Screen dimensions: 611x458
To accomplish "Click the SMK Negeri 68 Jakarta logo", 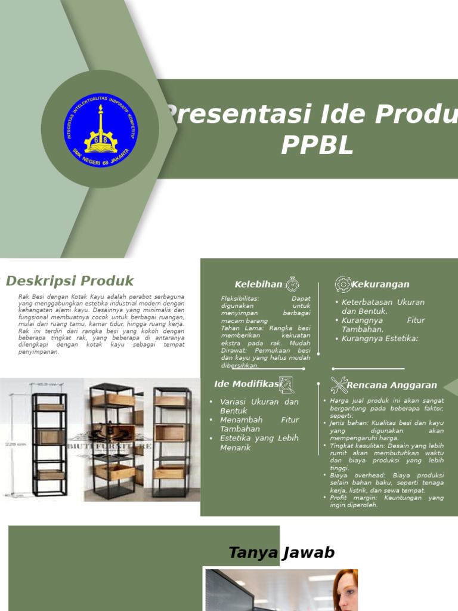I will click(100, 128).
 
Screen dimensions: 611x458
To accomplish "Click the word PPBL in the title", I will click(317, 145).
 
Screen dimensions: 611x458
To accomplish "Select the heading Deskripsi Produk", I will click(70, 281).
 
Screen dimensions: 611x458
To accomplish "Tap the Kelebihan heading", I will click(258, 285).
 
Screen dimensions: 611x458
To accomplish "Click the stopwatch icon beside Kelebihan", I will click(292, 284).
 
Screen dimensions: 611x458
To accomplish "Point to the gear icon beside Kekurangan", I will click(343, 284).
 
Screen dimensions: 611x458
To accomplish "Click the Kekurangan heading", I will click(380, 285).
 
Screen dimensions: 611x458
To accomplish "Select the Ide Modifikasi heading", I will click(246, 384).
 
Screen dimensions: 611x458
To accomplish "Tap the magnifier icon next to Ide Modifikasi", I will click(286, 385).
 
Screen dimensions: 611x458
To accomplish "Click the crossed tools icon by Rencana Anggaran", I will click(339, 385).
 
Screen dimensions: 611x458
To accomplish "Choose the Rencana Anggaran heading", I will click(392, 385).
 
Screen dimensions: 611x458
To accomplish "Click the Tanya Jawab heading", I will click(281, 553).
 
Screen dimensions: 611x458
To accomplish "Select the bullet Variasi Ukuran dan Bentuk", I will click(259, 406).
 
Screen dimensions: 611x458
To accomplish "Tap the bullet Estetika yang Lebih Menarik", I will click(259, 443).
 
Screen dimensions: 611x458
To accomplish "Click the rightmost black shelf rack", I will click(172, 442).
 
